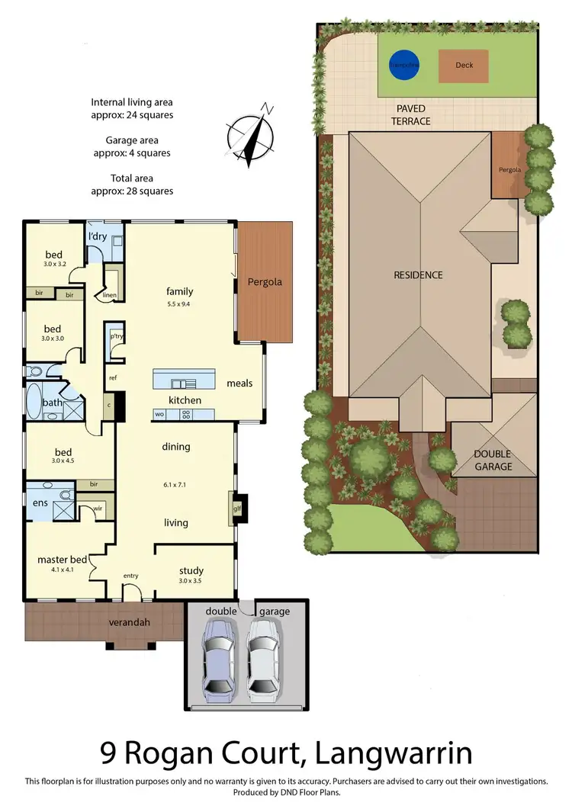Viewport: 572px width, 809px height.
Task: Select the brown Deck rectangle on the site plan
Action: (464, 66)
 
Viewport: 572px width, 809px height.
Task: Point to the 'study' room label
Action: (191, 570)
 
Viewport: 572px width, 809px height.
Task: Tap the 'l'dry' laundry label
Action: (97, 236)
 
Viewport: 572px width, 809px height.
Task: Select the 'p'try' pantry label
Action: (117, 335)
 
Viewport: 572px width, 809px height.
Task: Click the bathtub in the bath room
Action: (35, 401)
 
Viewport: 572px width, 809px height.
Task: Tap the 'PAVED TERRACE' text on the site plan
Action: (411, 115)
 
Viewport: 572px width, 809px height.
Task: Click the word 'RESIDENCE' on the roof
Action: (418, 275)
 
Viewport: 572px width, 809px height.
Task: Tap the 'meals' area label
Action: (239, 383)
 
